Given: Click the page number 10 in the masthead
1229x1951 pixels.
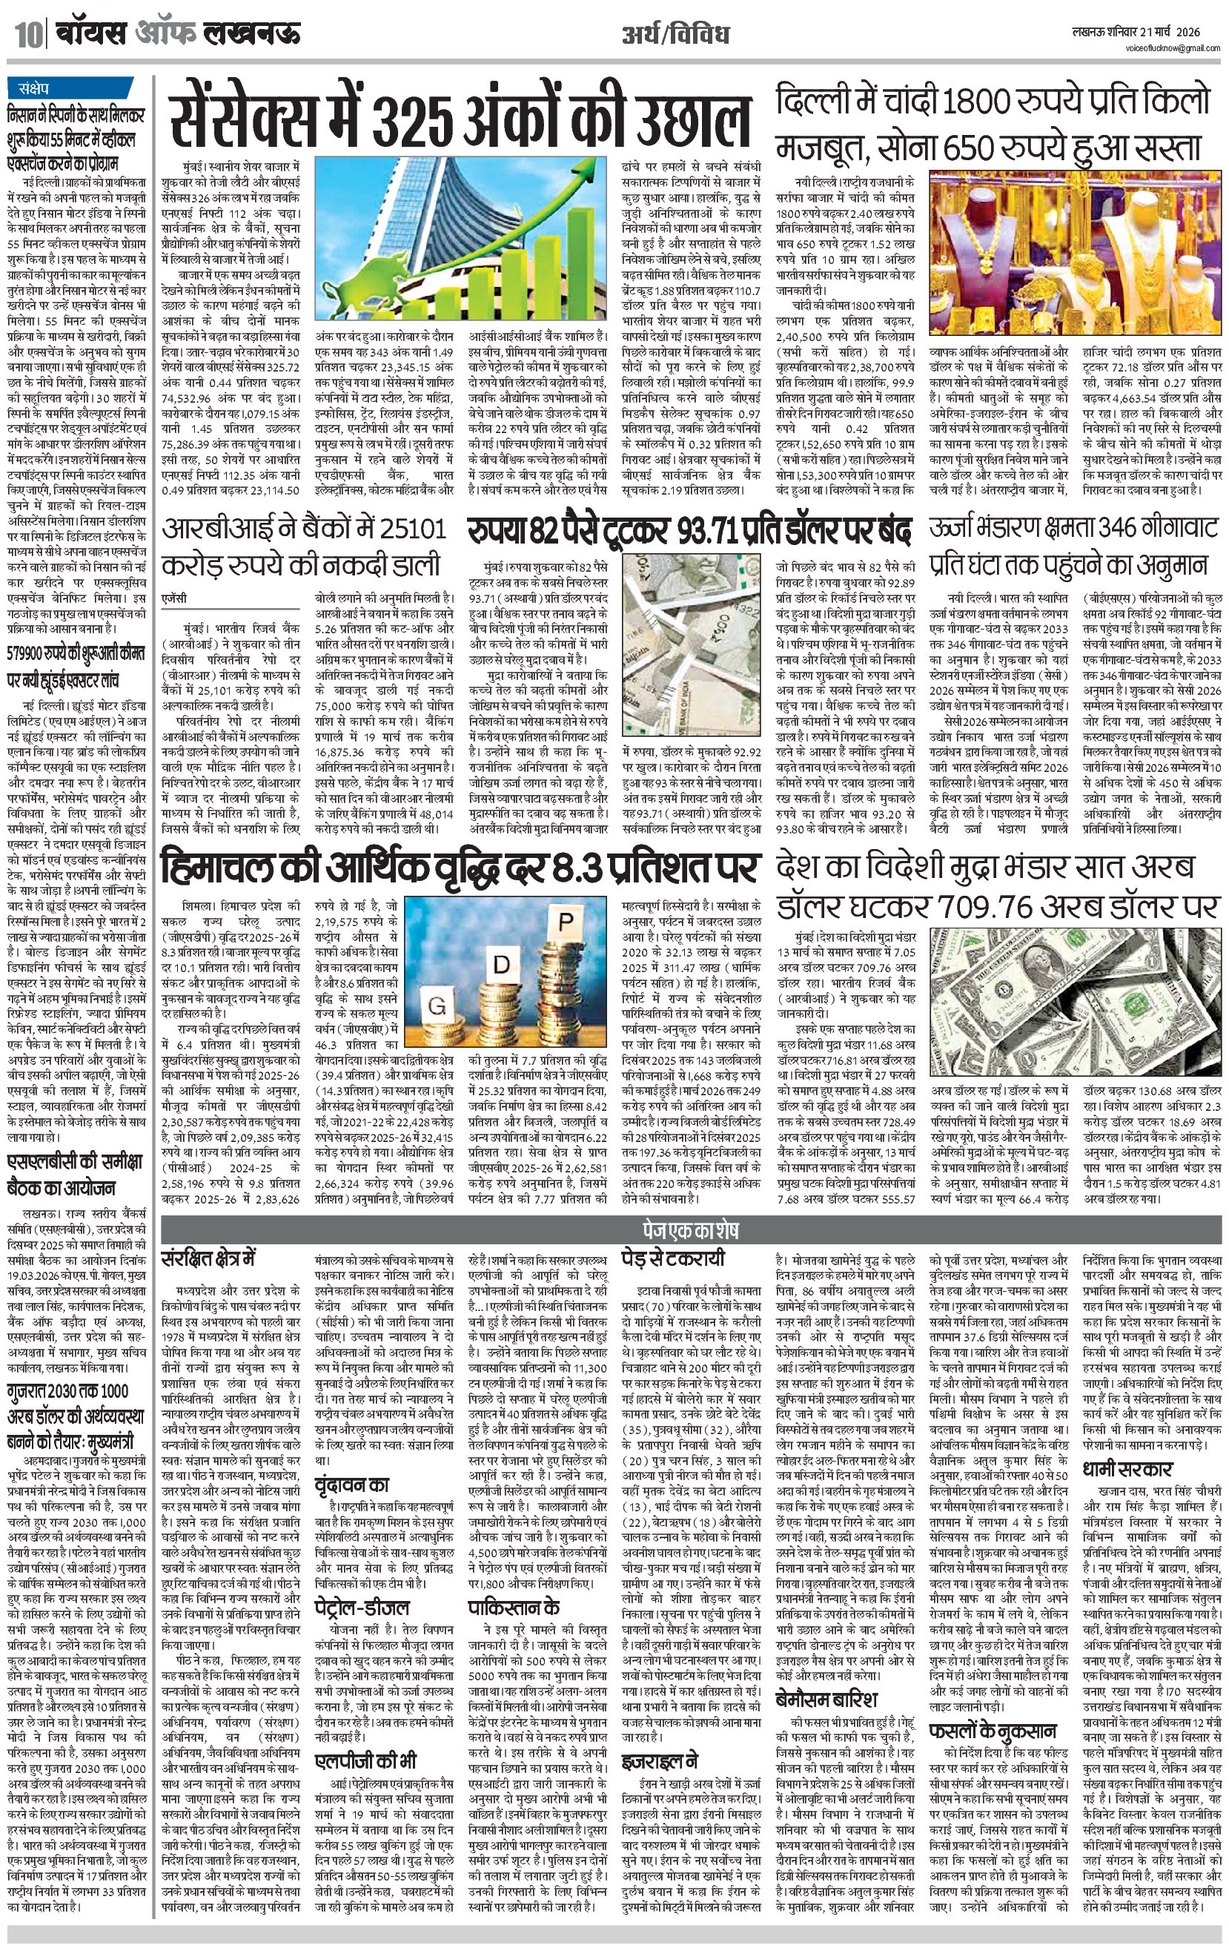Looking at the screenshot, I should [x=24, y=36].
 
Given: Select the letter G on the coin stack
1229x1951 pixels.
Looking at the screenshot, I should [x=437, y=1007].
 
